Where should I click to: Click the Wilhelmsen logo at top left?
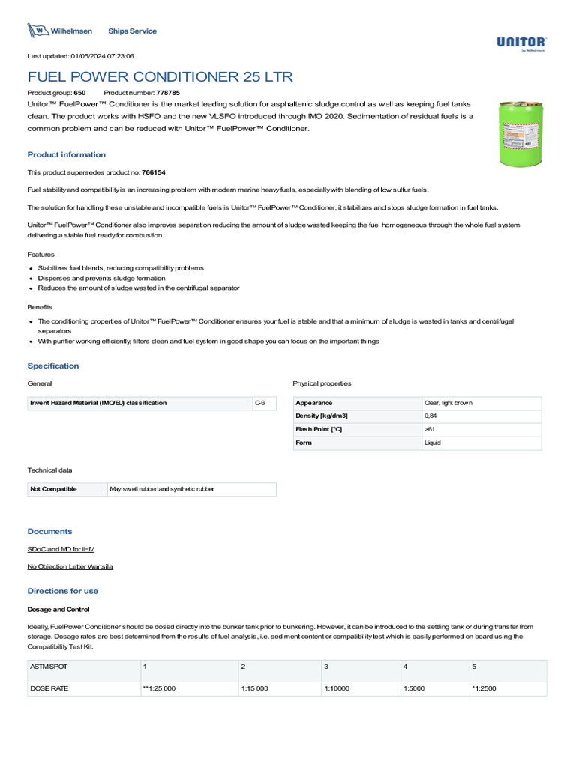tap(60, 31)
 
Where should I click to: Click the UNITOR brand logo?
tap(520, 43)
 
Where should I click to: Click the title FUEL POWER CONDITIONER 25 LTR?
tap(160, 77)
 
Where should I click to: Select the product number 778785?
tap(167, 91)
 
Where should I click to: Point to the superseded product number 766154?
tap(153, 172)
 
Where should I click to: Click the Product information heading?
tap(67, 155)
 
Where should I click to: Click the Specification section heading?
tap(53, 366)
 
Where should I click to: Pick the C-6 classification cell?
tap(259, 403)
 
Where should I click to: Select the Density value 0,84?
tap(430, 416)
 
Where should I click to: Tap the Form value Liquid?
tap(433, 443)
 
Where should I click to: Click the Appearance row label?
tap(314, 403)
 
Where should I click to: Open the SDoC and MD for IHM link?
tap(61, 549)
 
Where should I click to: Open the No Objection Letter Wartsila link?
tap(70, 566)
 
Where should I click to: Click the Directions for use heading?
tap(62, 591)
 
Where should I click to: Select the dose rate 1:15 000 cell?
tap(254, 688)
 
